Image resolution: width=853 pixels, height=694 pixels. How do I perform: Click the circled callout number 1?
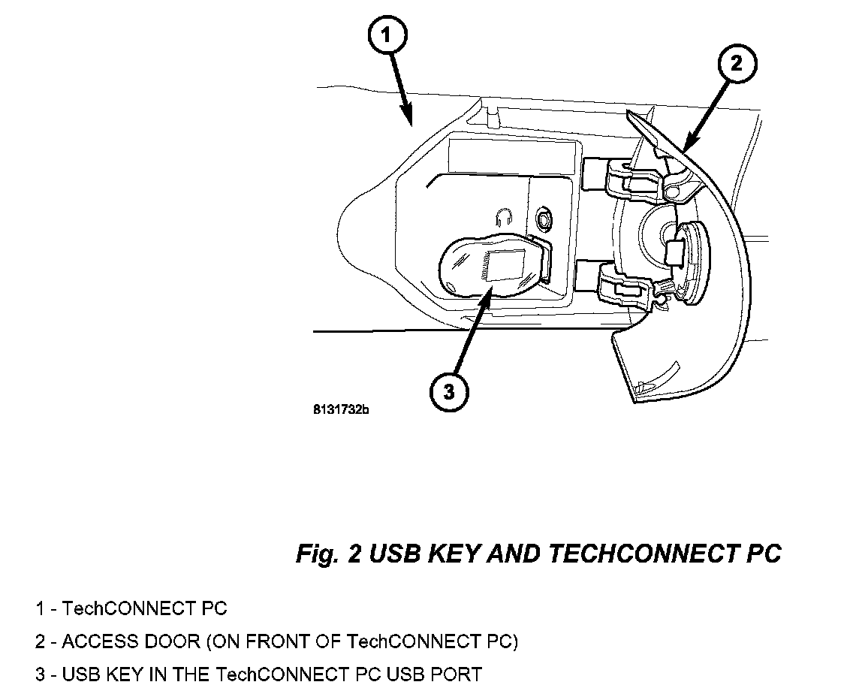[387, 35]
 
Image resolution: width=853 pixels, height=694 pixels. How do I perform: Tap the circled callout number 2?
[736, 64]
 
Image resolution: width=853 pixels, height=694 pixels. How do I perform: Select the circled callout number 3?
[448, 391]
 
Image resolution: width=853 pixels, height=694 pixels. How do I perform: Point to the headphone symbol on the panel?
[505, 217]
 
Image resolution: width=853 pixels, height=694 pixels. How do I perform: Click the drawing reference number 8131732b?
[342, 410]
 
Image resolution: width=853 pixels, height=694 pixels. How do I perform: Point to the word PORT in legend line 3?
[457, 674]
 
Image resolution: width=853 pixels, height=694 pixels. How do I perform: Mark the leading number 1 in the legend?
[39, 608]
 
